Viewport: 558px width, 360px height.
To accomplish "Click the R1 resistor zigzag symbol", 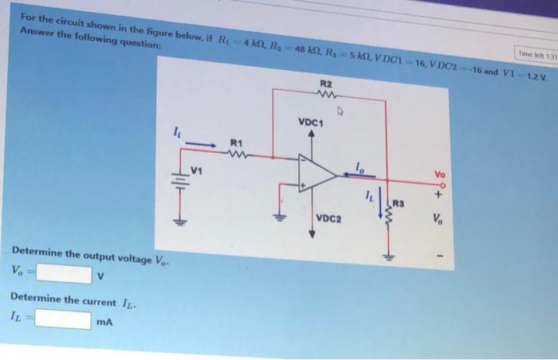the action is [236, 156].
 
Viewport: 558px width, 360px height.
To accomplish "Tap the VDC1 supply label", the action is [311, 123].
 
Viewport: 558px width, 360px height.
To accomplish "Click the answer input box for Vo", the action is [61, 275].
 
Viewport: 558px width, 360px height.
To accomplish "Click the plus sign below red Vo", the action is [438, 191].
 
